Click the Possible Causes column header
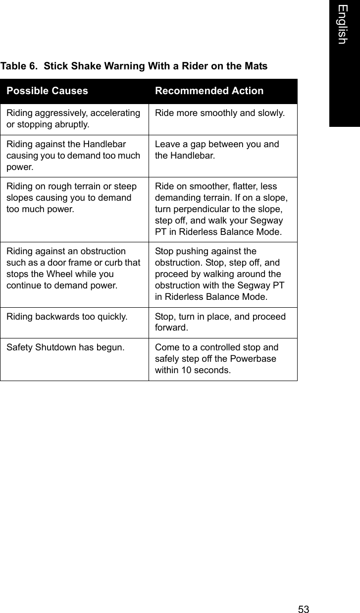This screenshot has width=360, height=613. click(x=48, y=91)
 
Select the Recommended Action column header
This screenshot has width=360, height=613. click(x=209, y=91)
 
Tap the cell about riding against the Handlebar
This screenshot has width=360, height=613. click(x=73, y=156)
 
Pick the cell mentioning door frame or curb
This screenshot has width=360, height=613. click(x=73, y=269)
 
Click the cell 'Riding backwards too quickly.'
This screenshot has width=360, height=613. click(x=66, y=317)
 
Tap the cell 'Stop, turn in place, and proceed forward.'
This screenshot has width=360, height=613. click(x=220, y=322)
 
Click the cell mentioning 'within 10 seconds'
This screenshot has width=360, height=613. click(x=217, y=359)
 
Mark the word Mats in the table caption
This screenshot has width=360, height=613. click(x=256, y=66)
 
